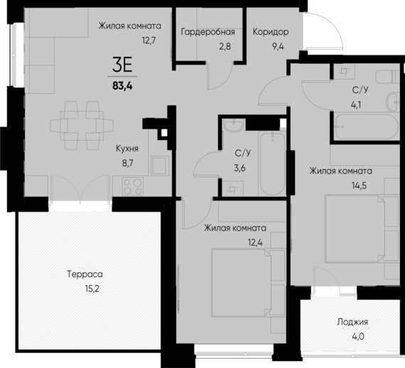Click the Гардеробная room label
click(x=207, y=32)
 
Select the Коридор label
click(x=270, y=32)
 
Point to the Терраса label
click(x=85, y=274)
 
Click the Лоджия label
click(x=353, y=322)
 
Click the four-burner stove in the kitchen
click(x=132, y=185)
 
